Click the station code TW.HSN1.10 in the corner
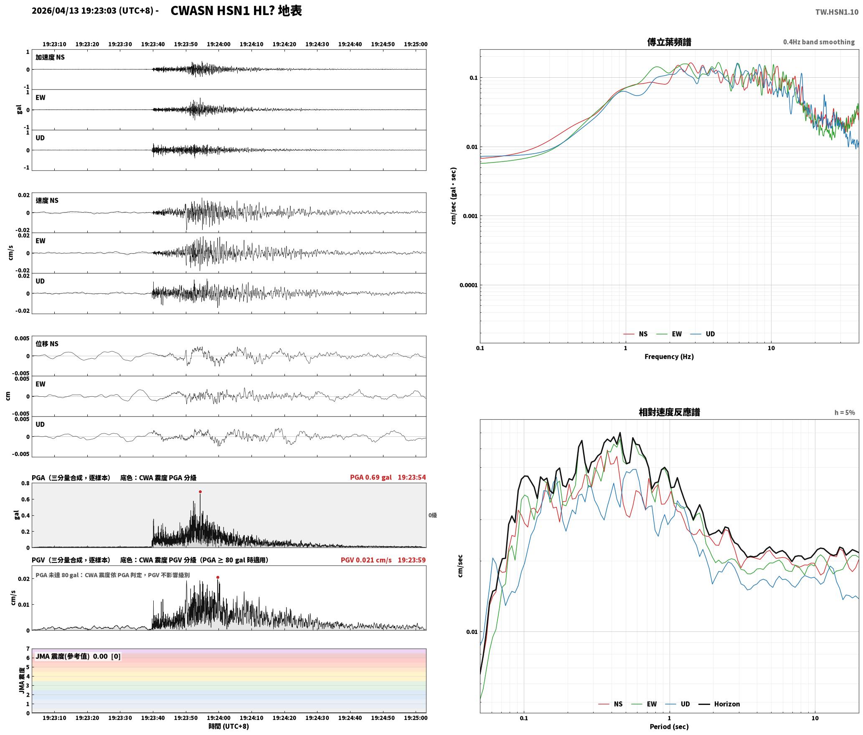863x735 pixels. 837,12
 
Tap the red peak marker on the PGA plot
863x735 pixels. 201,492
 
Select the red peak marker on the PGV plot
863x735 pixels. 218,577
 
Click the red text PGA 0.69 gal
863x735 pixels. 371,477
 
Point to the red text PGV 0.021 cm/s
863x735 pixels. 366,560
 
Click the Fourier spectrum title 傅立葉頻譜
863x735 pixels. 669,42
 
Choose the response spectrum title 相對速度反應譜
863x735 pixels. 669,412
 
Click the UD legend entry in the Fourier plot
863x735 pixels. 703,334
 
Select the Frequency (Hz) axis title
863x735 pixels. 669,357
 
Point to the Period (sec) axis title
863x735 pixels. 669,727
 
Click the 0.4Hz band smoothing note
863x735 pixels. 819,42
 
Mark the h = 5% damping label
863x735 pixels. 844,413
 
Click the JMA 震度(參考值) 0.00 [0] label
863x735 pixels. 78,656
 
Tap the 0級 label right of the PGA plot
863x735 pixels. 432,515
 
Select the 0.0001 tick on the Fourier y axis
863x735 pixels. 468,285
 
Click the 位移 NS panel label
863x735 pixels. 47,344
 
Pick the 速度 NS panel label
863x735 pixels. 47,200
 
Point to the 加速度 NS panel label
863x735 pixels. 50,57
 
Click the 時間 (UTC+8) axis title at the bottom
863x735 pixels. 229,726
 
